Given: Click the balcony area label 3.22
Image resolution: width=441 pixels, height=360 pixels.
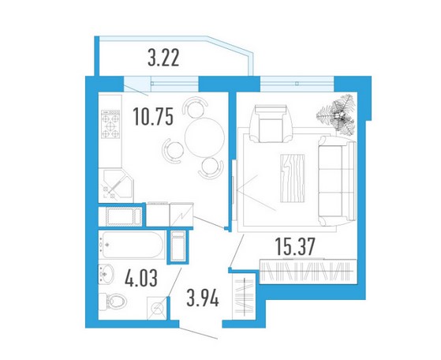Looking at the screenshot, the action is pos(163,58).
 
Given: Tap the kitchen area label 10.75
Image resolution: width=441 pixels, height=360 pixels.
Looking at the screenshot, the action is pos(153,117).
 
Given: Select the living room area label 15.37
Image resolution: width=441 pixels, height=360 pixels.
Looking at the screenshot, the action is pos(295,246).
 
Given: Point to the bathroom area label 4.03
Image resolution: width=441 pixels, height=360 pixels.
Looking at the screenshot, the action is pos(141,277).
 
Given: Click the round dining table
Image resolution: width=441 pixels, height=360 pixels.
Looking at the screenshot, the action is pos(204,137).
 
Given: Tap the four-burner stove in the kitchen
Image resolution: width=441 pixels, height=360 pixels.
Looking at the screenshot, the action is pos(110,124).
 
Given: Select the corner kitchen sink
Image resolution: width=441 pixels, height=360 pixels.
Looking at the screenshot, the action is pos(116,186).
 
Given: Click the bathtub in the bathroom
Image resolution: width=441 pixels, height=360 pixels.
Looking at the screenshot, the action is pos(132,245).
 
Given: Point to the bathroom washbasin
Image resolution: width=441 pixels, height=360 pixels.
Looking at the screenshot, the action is pos(107,275).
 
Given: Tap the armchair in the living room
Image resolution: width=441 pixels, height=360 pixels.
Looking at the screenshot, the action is pos(271,124).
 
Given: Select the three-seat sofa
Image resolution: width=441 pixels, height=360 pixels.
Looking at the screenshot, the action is pos(337,182).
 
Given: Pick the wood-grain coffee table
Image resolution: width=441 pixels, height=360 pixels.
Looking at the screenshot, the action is pos(293,178).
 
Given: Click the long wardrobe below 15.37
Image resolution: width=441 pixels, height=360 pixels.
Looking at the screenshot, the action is pos(308,271).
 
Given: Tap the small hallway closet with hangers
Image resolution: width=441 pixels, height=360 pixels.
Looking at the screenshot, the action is pos(245,296).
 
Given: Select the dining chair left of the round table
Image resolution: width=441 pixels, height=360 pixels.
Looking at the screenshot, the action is pos(173,149).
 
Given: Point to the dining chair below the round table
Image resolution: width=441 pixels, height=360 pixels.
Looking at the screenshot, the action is pos(211,167).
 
